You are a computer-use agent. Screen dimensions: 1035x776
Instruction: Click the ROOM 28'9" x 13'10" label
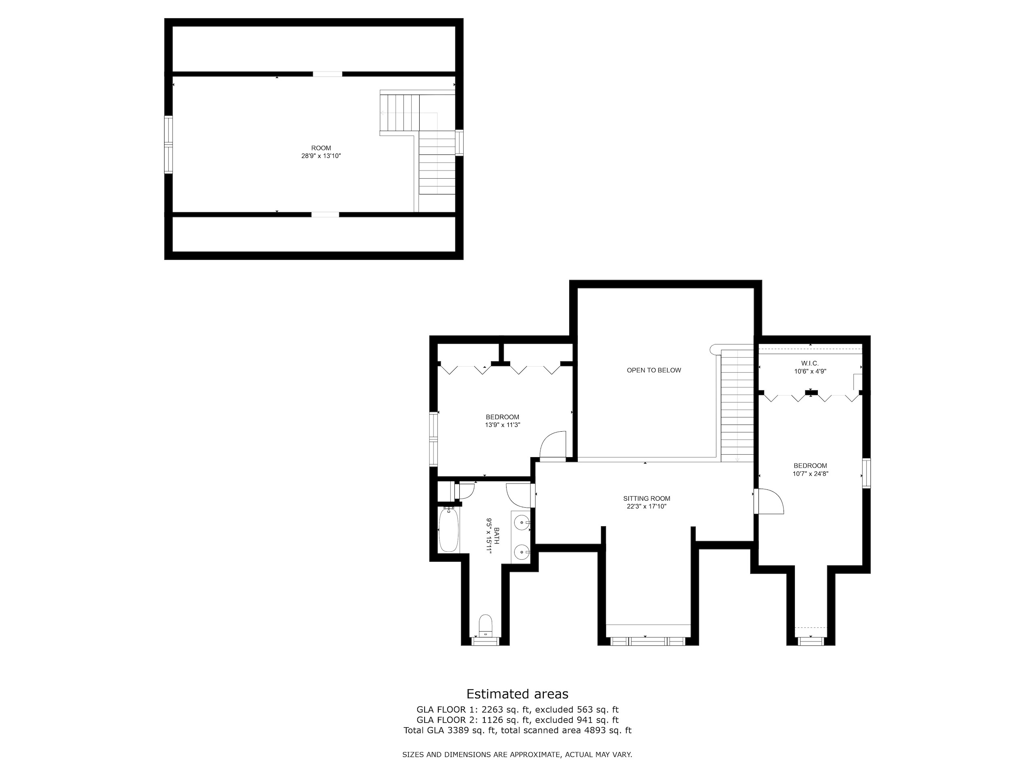pyautogui.click(x=321, y=152)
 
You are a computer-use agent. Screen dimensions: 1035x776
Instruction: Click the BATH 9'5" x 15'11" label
pyautogui.click(x=493, y=536)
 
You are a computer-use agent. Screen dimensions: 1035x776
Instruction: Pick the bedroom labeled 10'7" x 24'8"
pyautogui.click(x=810, y=470)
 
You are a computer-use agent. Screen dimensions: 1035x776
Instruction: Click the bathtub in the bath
pyautogui.click(x=449, y=530)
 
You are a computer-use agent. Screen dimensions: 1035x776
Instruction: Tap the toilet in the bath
pyautogui.click(x=486, y=625)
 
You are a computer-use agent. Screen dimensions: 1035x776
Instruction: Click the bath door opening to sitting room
pyautogui.click(x=520, y=496)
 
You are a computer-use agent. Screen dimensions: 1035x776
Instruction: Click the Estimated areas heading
pyautogui.click(x=517, y=694)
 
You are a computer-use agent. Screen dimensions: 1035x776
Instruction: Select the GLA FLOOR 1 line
pyautogui.click(x=517, y=710)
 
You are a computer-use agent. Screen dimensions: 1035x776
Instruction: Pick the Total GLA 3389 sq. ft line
pyautogui.click(x=517, y=730)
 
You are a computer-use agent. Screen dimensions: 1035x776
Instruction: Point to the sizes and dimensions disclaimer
pyautogui.click(x=517, y=755)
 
